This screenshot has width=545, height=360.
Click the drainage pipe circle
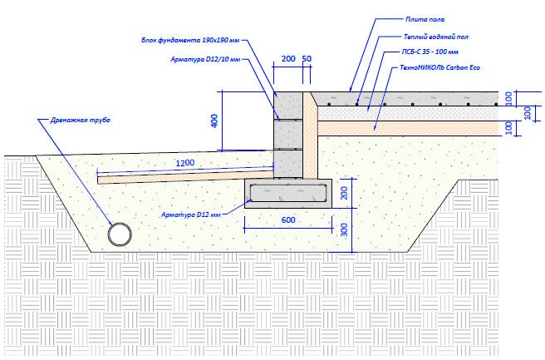pyautogui.click(x=120, y=234)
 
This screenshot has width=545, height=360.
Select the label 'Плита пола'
pyautogui.click(x=425, y=17)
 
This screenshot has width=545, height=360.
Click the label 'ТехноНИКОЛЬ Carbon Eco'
pyautogui.click(x=440, y=66)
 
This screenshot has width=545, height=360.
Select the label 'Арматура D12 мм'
pyautogui.click(x=192, y=215)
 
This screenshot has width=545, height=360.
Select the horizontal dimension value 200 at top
pyautogui.click(x=288, y=60)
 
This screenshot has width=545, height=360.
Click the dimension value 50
pyautogui.click(x=307, y=60)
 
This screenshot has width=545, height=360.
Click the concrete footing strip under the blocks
pyautogui.click(x=288, y=193)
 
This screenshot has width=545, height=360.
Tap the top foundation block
pyautogui.click(x=288, y=105)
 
